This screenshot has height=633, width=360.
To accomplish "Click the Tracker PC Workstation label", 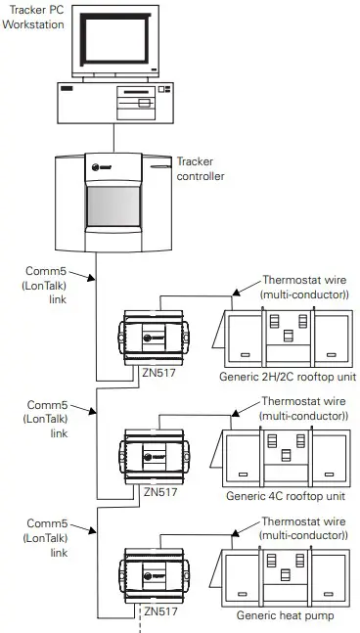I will pyautogui.click(x=35, y=16).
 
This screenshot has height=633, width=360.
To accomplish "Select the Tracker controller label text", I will pyautogui.click(x=200, y=169).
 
